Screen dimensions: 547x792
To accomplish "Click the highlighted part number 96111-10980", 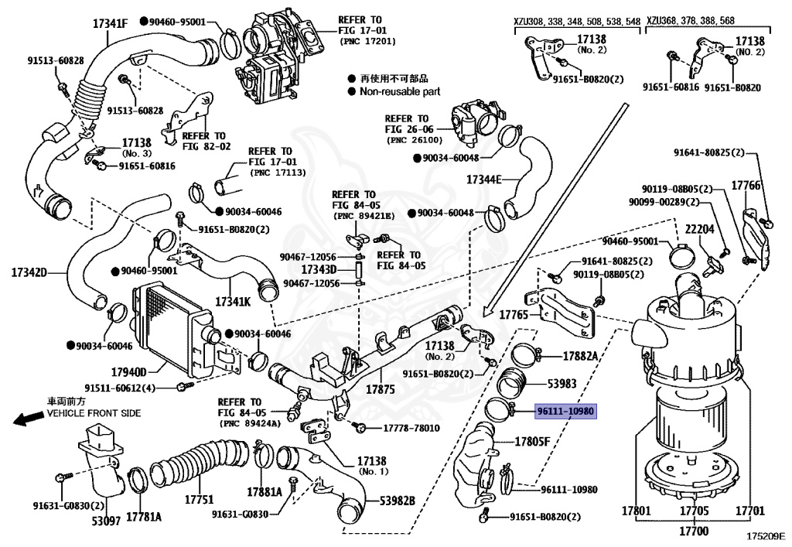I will pos(566,411).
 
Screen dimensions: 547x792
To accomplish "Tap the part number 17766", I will pos(746,186).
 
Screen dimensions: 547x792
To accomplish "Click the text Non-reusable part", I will pos(399,91).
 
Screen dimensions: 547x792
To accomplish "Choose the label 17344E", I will pos(483,179).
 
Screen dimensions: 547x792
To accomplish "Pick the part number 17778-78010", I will pos(411,428).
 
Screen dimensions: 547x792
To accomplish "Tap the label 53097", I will pos(105,521).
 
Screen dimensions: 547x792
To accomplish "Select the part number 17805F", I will pos(533,442).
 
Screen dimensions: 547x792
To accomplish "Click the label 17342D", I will pos(29,272).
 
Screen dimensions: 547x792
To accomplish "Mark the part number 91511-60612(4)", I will pos(120,388).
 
